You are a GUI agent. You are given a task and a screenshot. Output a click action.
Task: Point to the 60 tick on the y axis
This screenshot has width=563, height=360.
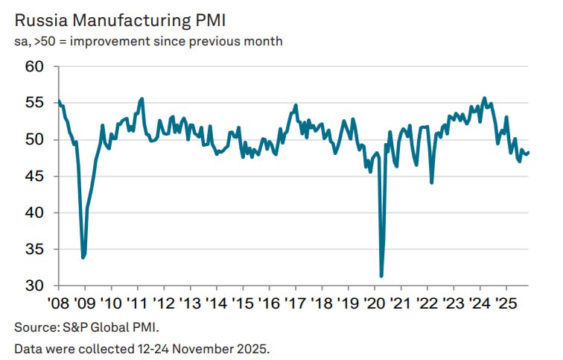(x=36, y=67)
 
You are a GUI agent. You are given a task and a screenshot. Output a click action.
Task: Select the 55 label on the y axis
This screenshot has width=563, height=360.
(x=36, y=104)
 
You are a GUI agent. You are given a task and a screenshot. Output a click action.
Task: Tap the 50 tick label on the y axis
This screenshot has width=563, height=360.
(x=36, y=140)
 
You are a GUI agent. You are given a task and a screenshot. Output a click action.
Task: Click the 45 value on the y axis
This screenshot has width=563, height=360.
(x=36, y=177)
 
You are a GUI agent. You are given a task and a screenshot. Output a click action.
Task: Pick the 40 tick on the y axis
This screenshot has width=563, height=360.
(x=36, y=213)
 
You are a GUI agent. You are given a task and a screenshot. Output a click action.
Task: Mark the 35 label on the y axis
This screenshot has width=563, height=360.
(x=36, y=250)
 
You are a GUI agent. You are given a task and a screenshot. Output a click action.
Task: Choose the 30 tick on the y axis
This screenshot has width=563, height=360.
(x=36, y=286)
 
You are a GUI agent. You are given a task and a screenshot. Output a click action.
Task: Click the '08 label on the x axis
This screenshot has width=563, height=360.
(x=59, y=304)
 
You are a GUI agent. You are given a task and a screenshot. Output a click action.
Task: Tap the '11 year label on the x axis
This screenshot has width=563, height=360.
(x=138, y=304)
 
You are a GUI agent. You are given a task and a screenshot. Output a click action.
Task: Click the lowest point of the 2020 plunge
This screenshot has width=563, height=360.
(x=381, y=276)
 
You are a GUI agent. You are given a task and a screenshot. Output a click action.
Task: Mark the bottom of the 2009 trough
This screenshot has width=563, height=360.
(x=83, y=257)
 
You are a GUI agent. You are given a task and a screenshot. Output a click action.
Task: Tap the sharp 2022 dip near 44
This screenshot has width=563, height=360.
(x=432, y=182)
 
